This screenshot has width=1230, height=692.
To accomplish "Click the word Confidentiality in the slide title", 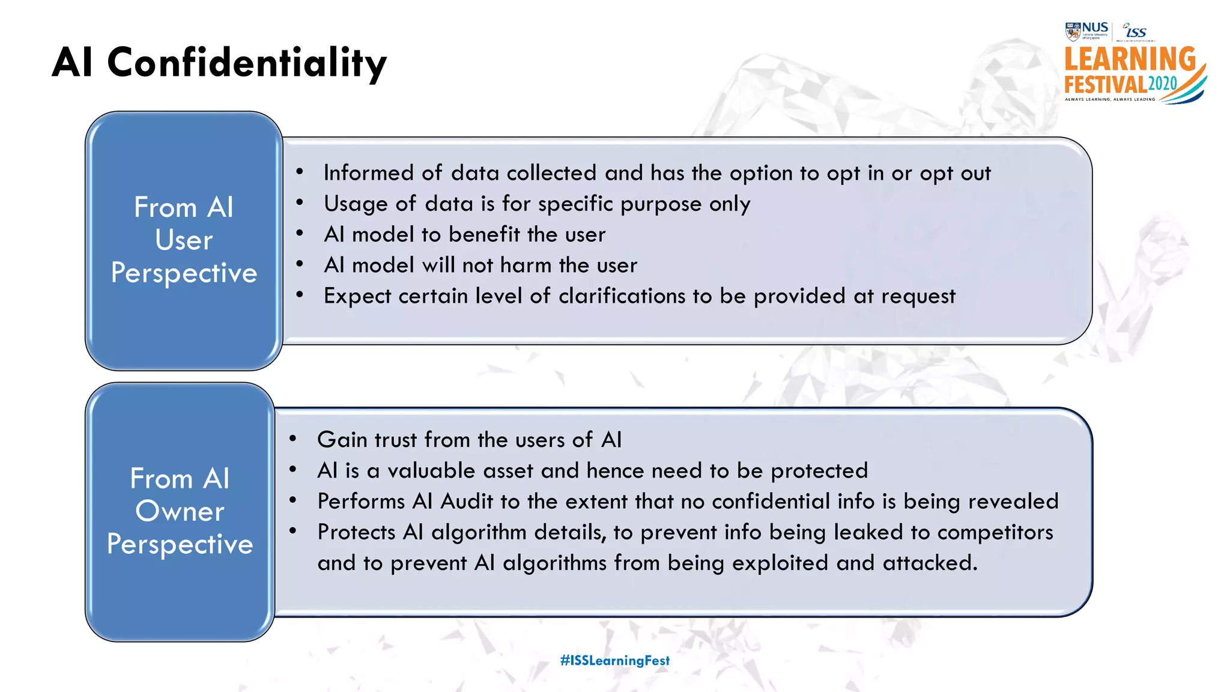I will click(x=247, y=62).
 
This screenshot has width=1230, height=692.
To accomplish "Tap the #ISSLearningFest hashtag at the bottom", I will click(x=614, y=660).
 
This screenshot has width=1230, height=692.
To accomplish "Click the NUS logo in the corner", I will click(x=1087, y=30).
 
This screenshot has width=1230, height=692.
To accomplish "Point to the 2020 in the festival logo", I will click(x=1163, y=83).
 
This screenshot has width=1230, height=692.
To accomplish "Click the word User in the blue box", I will click(x=184, y=240).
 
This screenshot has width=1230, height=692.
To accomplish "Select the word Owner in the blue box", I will click(x=180, y=511).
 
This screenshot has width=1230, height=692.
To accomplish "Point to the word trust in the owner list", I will click(x=395, y=440).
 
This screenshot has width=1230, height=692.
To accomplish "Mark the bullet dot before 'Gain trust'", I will click(x=292, y=439).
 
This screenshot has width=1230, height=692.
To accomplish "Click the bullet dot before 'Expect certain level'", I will click(x=299, y=295).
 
